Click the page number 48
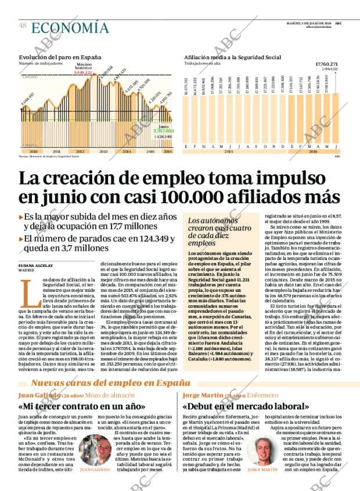[22, 26]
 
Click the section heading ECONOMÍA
[70, 28]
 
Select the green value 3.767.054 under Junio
[164, 131]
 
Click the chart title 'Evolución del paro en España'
[60, 57]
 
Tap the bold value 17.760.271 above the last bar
[326, 64]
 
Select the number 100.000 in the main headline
[201, 197]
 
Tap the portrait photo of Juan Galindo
[95, 450]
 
